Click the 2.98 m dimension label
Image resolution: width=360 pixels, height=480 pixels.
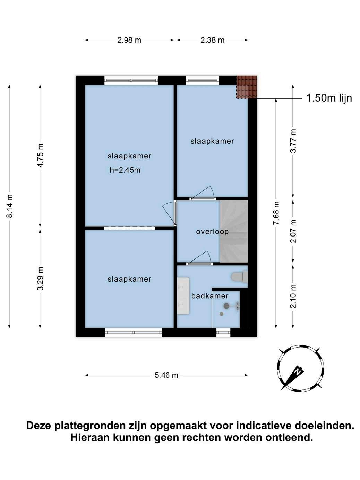[129, 40]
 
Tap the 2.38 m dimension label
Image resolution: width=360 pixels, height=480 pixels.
[212, 40]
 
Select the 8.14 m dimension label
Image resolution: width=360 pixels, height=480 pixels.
[10, 206]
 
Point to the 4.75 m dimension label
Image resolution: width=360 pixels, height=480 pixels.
[41, 155]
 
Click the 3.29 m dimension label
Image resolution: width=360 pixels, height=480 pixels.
[41, 278]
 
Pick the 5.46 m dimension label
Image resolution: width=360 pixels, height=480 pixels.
[166, 375]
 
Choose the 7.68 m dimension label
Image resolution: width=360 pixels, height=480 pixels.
[277, 213]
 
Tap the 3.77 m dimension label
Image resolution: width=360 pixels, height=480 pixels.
[293, 140]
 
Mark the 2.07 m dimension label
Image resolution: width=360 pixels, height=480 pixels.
[293, 231]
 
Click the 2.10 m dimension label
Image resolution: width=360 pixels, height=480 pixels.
[293, 296]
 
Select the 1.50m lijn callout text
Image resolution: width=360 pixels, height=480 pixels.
[329, 98]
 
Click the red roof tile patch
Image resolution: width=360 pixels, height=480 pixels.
[246, 87]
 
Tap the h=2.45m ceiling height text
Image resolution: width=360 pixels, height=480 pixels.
[125, 170]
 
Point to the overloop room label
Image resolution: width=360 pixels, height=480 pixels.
[212, 232]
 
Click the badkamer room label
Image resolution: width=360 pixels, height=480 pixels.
[209, 296]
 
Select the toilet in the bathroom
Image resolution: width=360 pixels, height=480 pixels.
[240, 276]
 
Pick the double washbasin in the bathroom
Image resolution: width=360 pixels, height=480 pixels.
[183, 296]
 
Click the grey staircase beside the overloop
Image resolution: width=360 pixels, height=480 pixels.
[234, 231]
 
